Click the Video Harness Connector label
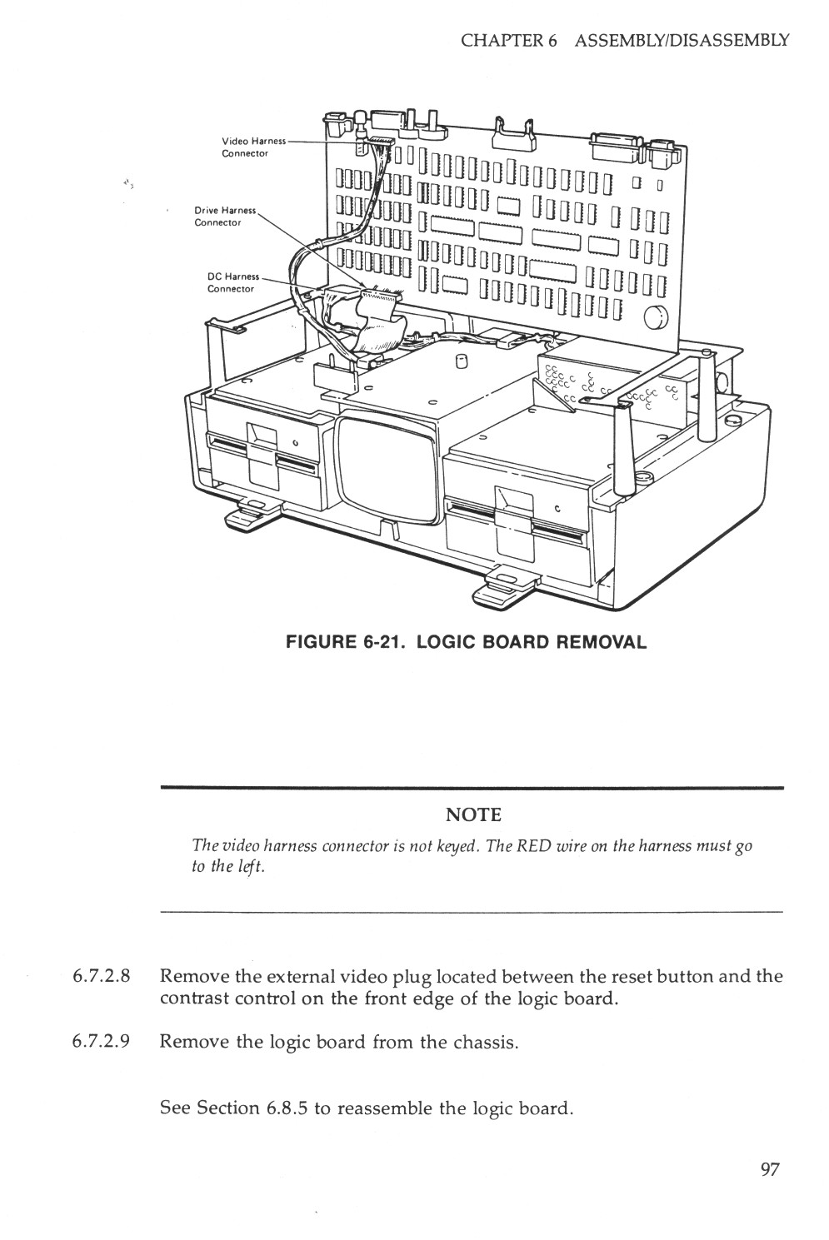[x=252, y=147]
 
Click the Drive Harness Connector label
[x=224, y=217]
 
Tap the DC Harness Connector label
[x=232, y=282]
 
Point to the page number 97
[x=769, y=1170]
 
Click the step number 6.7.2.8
[x=99, y=976]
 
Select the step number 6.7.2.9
[x=99, y=1042]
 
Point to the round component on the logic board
[x=657, y=318]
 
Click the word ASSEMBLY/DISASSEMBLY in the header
[x=681, y=40]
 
